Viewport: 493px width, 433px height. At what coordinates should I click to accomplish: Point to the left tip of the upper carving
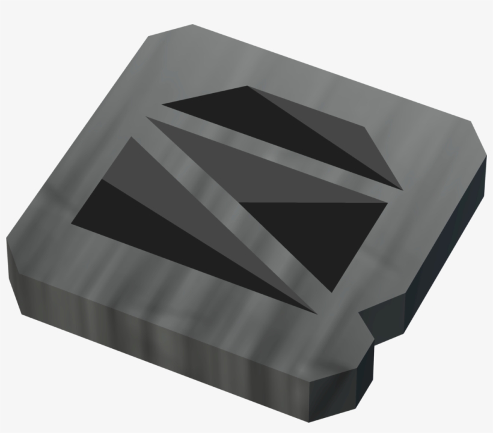[164, 106]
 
